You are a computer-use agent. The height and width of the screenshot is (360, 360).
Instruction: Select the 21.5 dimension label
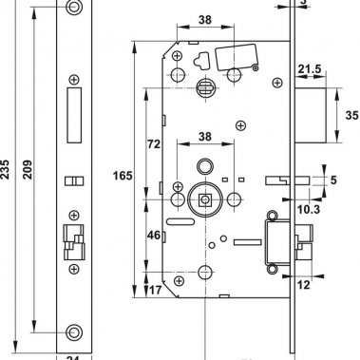pos(310,69)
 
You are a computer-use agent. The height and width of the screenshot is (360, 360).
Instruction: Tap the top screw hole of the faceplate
pos(74,9)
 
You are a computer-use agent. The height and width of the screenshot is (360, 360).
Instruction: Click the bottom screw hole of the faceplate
pos(74,333)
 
